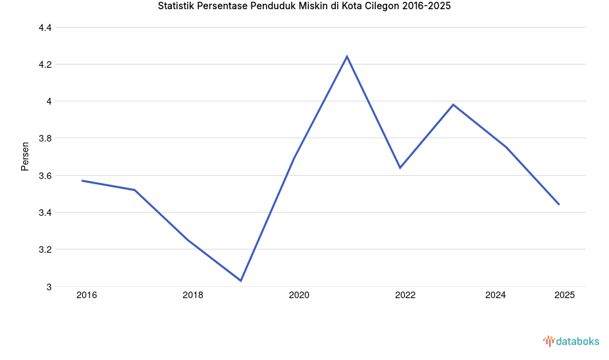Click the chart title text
pos(304,7)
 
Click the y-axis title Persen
pos(25,156)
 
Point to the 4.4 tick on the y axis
pos(45,28)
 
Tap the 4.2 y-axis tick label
pos(45,64)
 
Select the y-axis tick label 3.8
pos(45,139)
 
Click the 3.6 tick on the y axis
pos(45,176)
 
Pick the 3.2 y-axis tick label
pos(45,250)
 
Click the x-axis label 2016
pos(86,296)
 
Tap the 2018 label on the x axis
pos(193,296)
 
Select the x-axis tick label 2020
pos(299,296)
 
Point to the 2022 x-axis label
pos(405,296)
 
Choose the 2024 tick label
pos(495,296)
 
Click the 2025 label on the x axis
pos(564,296)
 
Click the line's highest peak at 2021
pos(347,57)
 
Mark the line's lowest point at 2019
pos(241,281)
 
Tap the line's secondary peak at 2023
pos(453,105)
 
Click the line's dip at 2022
pos(400,168)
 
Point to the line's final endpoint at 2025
pos(559,205)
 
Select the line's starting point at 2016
pos(82,180)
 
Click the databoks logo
pos(571,341)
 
